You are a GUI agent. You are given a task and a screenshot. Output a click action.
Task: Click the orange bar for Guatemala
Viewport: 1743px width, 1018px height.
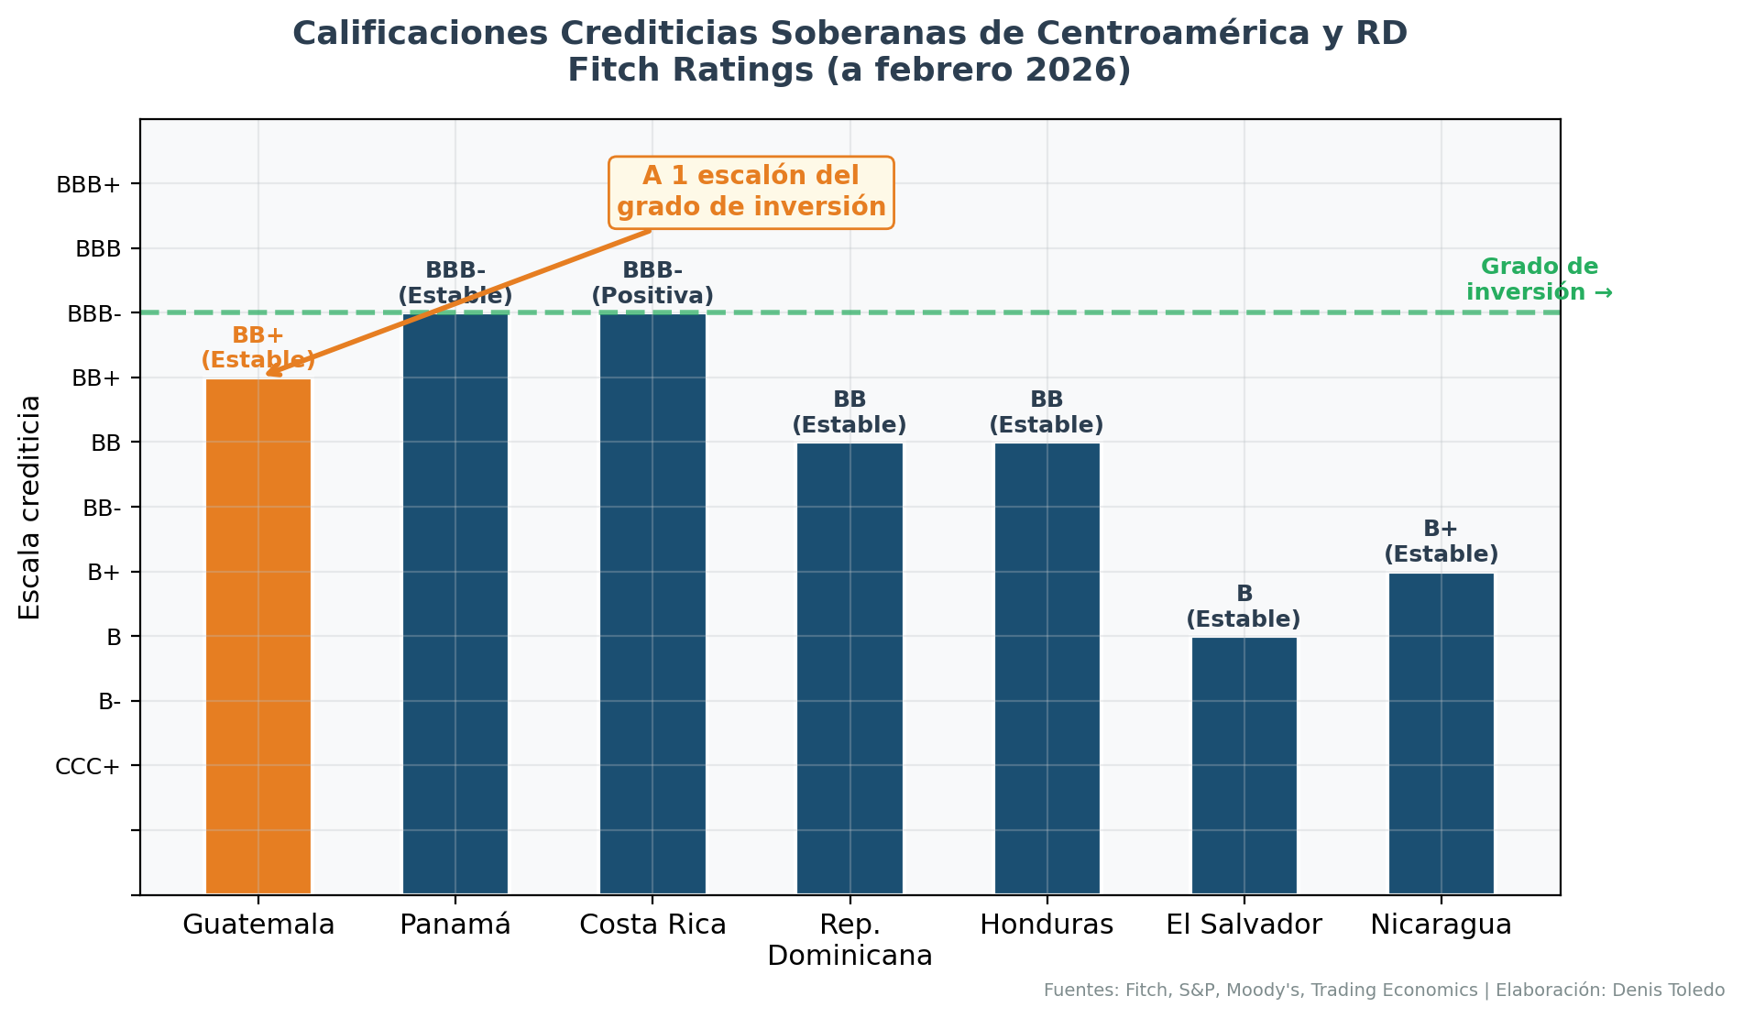tap(258, 636)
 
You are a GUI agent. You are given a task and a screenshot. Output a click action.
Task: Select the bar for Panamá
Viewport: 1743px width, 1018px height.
tap(455, 604)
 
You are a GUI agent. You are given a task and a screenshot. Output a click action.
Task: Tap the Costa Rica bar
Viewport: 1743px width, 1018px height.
tap(652, 604)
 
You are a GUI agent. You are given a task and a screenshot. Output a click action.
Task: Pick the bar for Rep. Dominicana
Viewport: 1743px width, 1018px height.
tap(850, 668)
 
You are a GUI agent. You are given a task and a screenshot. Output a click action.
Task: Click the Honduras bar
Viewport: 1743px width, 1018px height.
tap(1047, 668)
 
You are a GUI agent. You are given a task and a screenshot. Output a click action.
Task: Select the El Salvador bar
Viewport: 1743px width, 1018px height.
tap(1244, 765)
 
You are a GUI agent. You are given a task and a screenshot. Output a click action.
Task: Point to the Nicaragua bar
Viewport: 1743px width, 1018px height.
tap(1442, 733)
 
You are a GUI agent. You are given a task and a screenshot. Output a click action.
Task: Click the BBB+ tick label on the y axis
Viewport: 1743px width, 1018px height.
tap(88, 185)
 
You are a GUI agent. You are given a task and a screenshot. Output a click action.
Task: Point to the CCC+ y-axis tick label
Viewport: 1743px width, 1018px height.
tap(88, 766)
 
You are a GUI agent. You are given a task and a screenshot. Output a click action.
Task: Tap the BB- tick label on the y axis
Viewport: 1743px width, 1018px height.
tap(102, 508)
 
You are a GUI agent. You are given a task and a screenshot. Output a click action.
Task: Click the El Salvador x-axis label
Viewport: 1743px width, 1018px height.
tap(1244, 925)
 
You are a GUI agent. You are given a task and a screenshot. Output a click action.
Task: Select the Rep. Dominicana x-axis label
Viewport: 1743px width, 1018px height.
tap(850, 940)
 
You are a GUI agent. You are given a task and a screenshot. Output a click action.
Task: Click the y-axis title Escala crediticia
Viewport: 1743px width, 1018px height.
tap(30, 507)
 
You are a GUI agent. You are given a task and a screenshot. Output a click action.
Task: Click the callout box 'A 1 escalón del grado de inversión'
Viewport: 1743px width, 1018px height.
tap(751, 192)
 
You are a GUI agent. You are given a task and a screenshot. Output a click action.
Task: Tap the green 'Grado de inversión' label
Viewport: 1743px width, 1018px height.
tap(1540, 279)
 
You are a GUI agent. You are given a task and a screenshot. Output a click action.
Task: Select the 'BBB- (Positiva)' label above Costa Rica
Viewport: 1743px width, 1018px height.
tap(652, 283)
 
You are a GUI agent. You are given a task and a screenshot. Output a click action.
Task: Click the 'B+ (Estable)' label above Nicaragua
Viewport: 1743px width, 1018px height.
tap(1442, 542)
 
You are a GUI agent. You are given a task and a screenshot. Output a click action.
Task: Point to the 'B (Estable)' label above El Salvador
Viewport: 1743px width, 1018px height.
tap(1244, 607)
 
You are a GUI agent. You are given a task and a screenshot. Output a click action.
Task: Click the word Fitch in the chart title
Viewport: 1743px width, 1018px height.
tap(605, 71)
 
